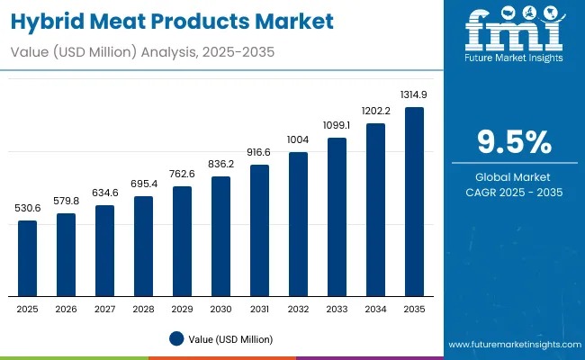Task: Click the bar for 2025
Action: pos(28,258)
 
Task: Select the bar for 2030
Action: pos(221,236)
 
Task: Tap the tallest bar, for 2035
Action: pos(414,202)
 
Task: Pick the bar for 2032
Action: pos(298,224)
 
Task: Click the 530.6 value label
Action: pos(28,208)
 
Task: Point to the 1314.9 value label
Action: pos(414,94)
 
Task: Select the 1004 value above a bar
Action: pos(298,139)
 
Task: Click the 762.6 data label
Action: pos(183,174)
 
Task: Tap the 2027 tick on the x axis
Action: pos(105,309)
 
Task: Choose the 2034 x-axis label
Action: pos(375,309)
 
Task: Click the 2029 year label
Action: pos(183,309)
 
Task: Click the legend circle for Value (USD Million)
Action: pos(177,339)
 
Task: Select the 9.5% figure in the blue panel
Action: pos(513,142)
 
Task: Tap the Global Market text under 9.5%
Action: pos(514,177)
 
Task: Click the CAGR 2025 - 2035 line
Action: pos(514,193)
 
